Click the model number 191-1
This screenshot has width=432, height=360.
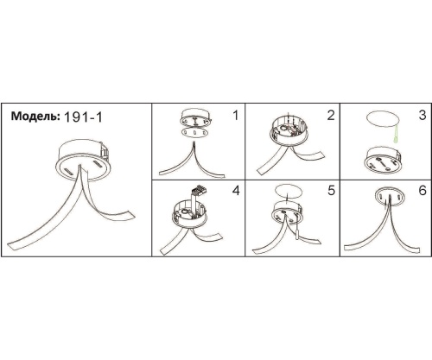click(83, 117)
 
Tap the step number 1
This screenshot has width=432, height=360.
click(235, 116)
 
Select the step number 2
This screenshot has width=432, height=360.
click(331, 116)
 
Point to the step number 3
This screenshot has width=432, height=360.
click(422, 116)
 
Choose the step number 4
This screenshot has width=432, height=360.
click(236, 191)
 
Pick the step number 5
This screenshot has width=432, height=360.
click(331, 191)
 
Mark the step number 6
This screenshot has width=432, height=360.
click(422, 191)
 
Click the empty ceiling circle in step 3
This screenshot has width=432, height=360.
click(383, 119)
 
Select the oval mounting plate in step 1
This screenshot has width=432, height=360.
click(195, 133)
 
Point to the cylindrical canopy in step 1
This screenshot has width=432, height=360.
click(196, 117)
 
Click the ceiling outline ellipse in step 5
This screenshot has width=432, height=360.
click(289, 191)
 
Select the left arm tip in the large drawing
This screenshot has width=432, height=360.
click(10, 246)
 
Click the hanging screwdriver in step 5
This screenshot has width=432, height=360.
click(296, 232)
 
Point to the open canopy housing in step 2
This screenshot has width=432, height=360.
click(289, 129)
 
